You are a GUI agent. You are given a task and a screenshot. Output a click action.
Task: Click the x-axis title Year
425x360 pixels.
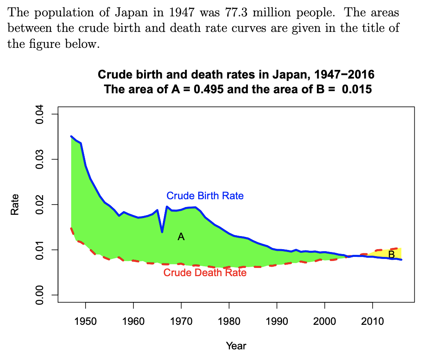tap(236, 346)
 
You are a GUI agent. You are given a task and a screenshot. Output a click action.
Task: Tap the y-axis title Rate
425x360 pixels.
tap(15, 205)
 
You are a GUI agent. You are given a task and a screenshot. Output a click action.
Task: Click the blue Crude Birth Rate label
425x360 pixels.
tap(205, 196)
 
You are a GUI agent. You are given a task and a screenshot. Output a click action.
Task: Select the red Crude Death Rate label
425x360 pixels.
tap(205, 272)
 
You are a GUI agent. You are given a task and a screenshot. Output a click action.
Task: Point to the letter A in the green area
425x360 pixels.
tap(181, 237)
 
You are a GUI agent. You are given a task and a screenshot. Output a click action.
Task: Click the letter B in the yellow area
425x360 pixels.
tap(391, 254)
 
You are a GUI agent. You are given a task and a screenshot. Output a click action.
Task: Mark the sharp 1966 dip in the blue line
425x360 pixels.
tap(162, 232)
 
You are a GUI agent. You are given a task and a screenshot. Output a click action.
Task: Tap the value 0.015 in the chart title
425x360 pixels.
tap(357, 89)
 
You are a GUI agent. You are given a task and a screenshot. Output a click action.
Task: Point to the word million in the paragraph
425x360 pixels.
tap(271, 13)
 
